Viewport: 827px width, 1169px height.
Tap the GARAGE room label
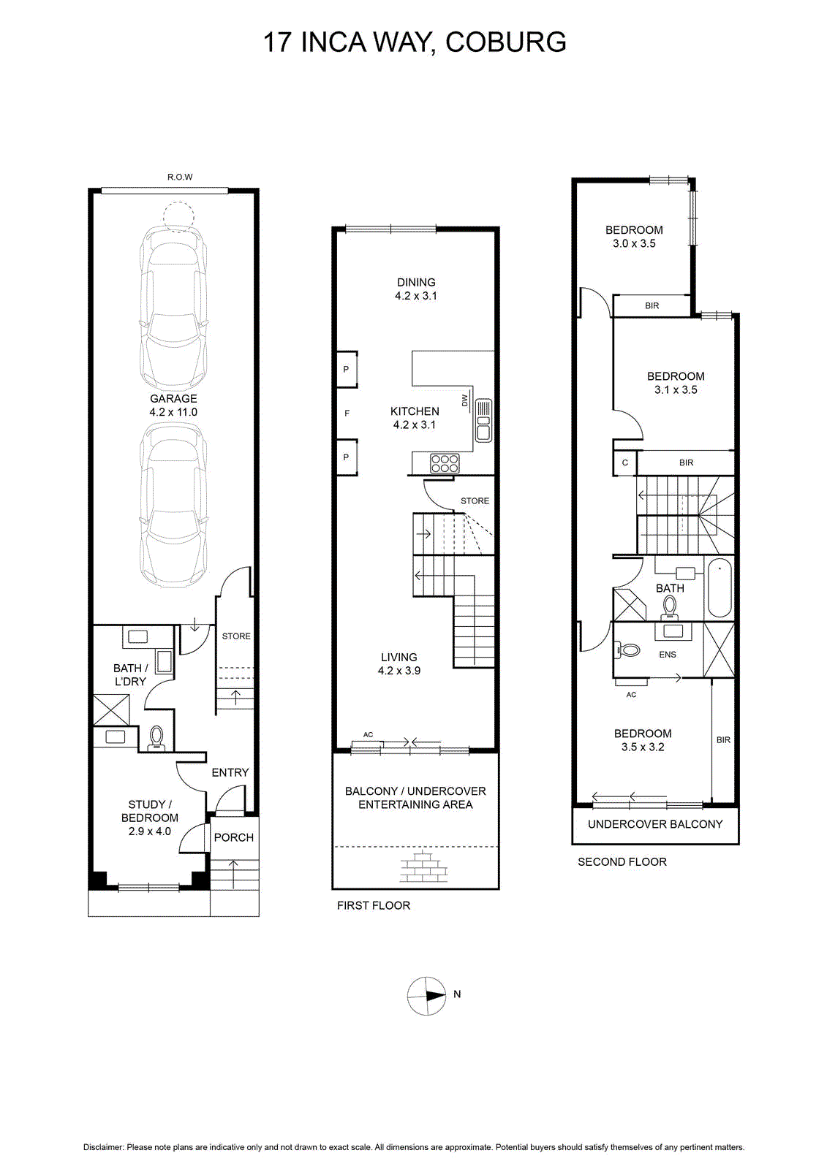[173, 399]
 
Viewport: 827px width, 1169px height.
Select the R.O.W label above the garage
[180, 177]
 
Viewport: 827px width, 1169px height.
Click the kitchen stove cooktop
[445, 463]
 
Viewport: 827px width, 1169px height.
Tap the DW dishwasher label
[464, 400]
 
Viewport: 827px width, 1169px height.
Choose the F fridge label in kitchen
[347, 414]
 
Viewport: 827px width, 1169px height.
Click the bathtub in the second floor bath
[720, 587]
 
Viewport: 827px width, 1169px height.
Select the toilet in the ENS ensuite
[629, 650]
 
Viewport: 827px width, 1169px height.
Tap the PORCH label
[233, 837]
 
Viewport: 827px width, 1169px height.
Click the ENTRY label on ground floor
[230, 772]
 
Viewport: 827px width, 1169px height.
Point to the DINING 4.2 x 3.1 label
[416, 289]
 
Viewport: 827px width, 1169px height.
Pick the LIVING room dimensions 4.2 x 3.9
[399, 671]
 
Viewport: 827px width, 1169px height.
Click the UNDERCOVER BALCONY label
[655, 824]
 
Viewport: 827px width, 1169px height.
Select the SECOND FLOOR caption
[622, 861]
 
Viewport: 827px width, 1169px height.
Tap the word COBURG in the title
[506, 42]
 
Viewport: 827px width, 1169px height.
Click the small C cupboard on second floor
[625, 463]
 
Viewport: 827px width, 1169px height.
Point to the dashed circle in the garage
[178, 217]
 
